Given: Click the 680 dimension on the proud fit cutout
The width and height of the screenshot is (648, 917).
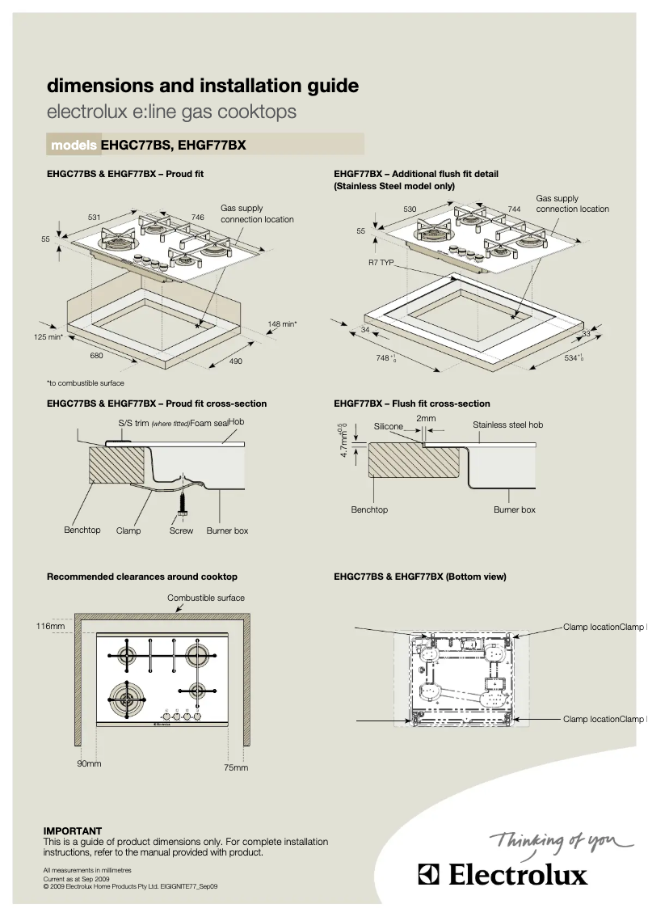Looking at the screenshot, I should click(96, 355).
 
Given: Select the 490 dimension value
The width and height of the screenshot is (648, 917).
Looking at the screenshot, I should click(235, 361).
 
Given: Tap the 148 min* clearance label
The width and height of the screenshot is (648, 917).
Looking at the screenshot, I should click(282, 324).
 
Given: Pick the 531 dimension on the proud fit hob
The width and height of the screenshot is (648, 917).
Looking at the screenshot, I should click(94, 217).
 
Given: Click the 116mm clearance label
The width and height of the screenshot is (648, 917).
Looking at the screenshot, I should click(50, 626).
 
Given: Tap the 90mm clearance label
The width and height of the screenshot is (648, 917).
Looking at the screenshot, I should click(89, 763).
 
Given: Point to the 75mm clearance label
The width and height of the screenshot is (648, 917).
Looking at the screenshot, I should click(236, 767).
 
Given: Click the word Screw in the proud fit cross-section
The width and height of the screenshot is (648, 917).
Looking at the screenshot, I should click(181, 530).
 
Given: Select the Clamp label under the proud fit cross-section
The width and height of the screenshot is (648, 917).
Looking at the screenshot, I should click(128, 530).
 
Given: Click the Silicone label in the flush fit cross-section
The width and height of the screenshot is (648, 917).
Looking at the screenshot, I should click(388, 426).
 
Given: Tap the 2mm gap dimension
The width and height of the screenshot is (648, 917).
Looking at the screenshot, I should click(426, 418).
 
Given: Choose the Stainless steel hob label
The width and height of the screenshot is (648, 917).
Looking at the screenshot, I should click(507, 425).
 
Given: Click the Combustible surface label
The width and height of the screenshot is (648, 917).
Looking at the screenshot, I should click(206, 598).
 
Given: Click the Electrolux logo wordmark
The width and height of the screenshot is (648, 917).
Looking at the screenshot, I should click(502, 875).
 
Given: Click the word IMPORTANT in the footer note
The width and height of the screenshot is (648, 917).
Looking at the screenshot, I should click(73, 830).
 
